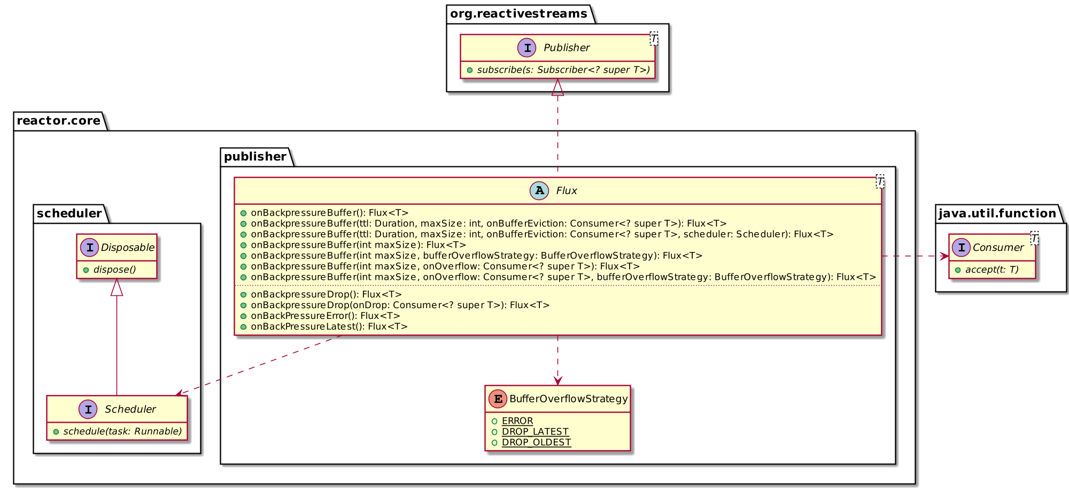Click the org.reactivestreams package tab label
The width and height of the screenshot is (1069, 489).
point(518,13)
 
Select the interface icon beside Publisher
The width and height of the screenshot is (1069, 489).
point(527,48)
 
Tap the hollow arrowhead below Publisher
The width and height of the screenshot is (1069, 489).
point(557,87)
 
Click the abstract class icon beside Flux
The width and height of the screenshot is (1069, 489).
point(539,190)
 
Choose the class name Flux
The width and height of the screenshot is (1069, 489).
point(567,190)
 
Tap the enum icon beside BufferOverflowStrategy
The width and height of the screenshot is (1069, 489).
point(498,399)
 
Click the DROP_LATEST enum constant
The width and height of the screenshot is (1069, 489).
point(535,432)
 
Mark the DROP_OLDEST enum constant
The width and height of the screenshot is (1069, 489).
point(536,442)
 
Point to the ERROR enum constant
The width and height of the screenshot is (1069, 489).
point(517,421)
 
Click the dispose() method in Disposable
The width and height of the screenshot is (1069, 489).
point(114,270)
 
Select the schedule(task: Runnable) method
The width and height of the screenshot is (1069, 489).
point(122,431)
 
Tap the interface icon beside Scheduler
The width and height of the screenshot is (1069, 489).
point(88,409)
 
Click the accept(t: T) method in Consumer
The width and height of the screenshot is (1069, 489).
point(991,270)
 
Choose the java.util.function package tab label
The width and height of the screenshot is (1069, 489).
point(997,213)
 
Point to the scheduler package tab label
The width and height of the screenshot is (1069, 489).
point(69,213)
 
